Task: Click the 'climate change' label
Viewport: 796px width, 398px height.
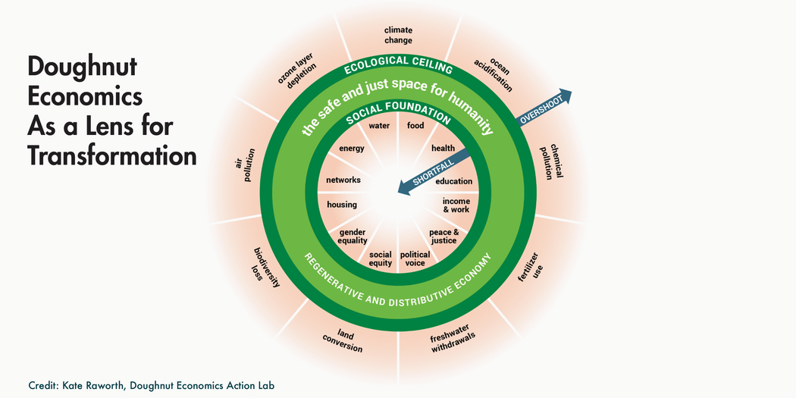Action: (x=398, y=35)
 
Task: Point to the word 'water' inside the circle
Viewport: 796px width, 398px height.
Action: (x=378, y=125)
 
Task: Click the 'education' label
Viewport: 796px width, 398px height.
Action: (x=453, y=181)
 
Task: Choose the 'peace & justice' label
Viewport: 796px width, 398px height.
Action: (x=443, y=236)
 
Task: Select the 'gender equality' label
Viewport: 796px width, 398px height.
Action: (x=353, y=236)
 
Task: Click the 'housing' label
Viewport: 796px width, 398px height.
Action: (x=342, y=205)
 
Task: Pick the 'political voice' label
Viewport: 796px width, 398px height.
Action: (x=415, y=259)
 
